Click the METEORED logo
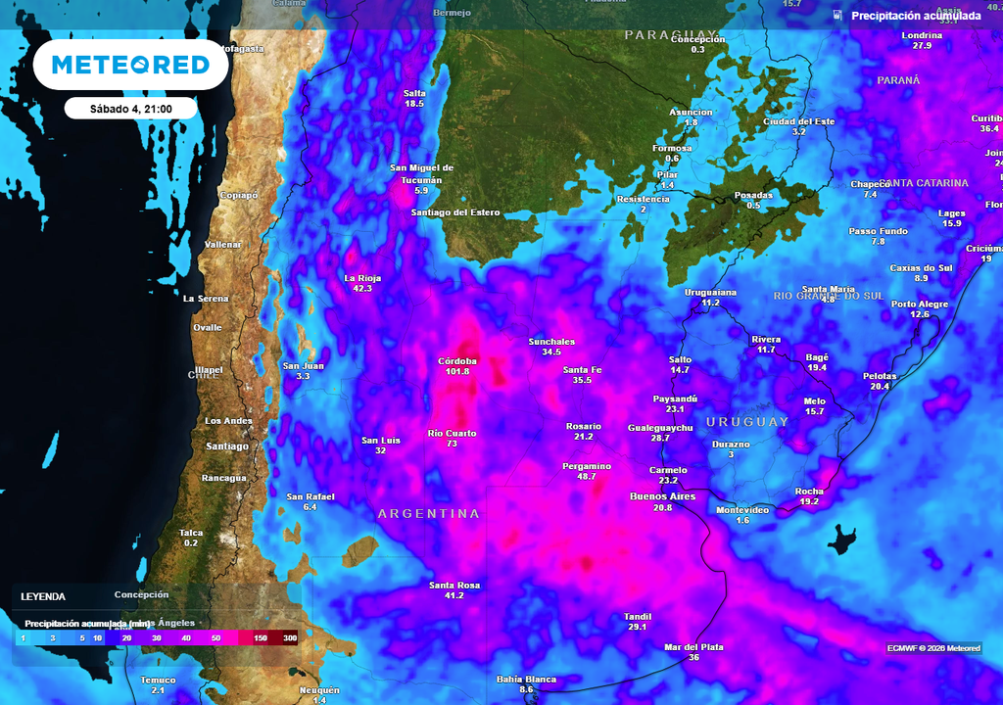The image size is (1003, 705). pyautogui.click(x=130, y=65)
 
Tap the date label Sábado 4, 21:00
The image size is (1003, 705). pyautogui.click(x=131, y=109)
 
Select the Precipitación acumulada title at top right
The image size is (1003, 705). pyautogui.click(x=916, y=16)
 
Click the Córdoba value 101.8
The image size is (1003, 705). pyautogui.click(x=456, y=372)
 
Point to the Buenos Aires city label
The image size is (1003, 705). pyautogui.click(x=662, y=496)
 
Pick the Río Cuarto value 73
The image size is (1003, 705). pyautogui.click(x=453, y=445)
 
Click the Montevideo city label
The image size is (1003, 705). pyautogui.click(x=742, y=510)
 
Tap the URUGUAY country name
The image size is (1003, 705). pyautogui.click(x=747, y=422)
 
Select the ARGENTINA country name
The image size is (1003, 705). pyautogui.click(x=429, y=514)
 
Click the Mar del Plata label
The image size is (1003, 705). pyautogui.click(x=693, y=647)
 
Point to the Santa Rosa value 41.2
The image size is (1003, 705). pyautogui.click(x=453, y=595)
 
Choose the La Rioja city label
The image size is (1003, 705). pyautogui.click(x=362, y=278)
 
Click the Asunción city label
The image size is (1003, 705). pyautogui.click(x=692, y=113)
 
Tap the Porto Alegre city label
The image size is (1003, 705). pyautogui.click(x=920, y=305)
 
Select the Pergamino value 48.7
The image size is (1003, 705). pyautogui.click(x=587, y=477)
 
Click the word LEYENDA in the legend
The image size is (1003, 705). pyautogui.click(x=43, y=596)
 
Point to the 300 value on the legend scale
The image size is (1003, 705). pyautogui.click(x=290, y=638)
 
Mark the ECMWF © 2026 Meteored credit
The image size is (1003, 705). pyautogui.click(x=933, y=648)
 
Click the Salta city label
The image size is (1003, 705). pyautogui.click(x=414, y=93)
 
